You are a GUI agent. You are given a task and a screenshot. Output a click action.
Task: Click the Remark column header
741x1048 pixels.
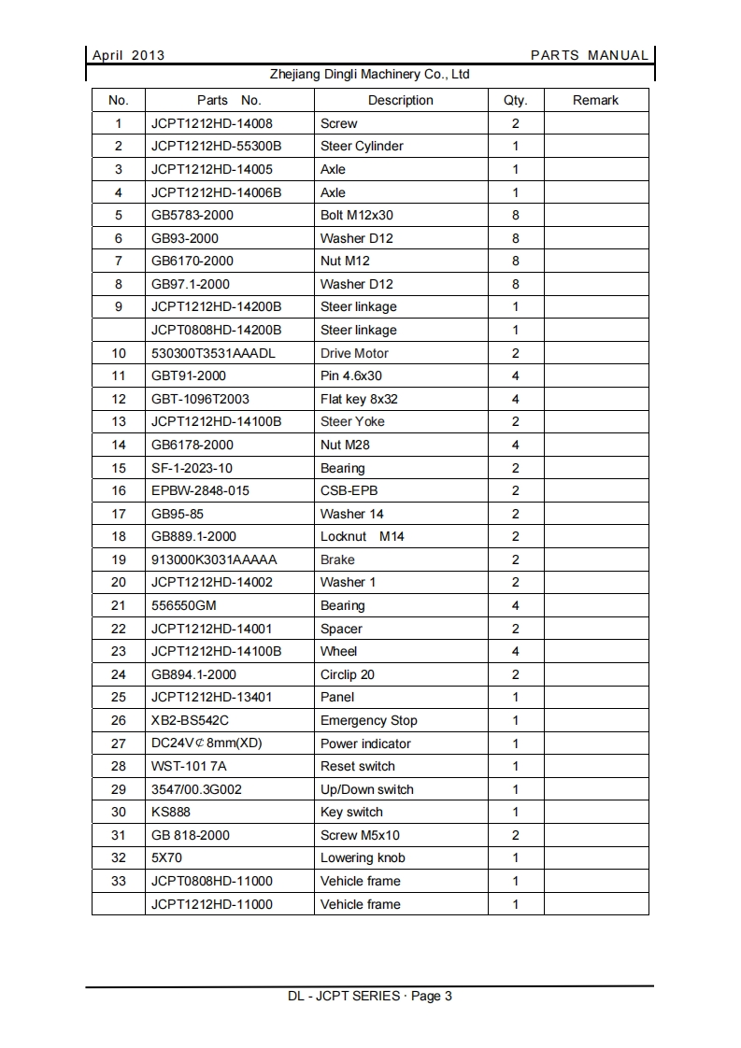pyautogui.click(x=595, y=100)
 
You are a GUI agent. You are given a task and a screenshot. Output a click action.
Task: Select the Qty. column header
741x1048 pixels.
pyautogui.click(x=515, y=100)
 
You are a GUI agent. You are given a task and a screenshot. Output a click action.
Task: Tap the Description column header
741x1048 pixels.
pyautogui.click(x=400, y=100)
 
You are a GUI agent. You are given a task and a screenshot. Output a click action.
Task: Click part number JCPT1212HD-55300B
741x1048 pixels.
pyautogui.click(x=216, y=146)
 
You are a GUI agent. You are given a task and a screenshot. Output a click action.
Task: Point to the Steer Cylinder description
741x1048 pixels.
pyautogui.click(x=362, y=146)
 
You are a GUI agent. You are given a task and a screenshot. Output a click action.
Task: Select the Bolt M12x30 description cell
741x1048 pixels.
pyautogui.click(x=356, y=215)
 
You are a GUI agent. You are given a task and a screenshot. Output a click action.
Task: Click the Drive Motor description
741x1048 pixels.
pyautogui.click(x=354, y=353)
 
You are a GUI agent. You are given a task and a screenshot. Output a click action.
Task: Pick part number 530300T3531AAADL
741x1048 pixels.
pyautogui.click(x=213, y=353)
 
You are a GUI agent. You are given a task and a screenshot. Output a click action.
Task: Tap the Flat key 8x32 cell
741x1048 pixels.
pyautogui.click(x=359, y=399)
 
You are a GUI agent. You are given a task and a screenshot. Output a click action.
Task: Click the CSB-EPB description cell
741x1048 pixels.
pyautogui.click(x=349, y=490)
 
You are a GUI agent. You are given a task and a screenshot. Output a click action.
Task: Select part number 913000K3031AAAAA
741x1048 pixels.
pyautogui.click(x=214, y=559)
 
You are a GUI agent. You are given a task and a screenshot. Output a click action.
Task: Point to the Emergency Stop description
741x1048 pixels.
pyautogui.click(x=368, y=720)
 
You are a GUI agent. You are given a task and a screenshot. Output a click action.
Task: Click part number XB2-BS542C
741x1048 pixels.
pyautogui.click(x=190, y=720)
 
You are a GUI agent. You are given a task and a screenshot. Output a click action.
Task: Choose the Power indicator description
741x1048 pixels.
pyautogui.click(x=365, y=744)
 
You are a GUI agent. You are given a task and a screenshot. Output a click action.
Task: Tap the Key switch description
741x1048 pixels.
pyautogui.click(x=351, y=812)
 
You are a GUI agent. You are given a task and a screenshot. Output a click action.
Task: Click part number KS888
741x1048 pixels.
pyautogui.click(x=171, y=812)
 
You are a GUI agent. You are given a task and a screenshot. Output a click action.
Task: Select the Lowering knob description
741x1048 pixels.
pyautogui.click(x=363, y=857)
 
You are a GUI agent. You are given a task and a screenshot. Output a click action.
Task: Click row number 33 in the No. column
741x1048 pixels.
pyautogui.click(x=119, y=881)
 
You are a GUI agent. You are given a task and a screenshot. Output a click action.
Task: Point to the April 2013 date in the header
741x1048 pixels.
pyautogui.click(x=128, y=55)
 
